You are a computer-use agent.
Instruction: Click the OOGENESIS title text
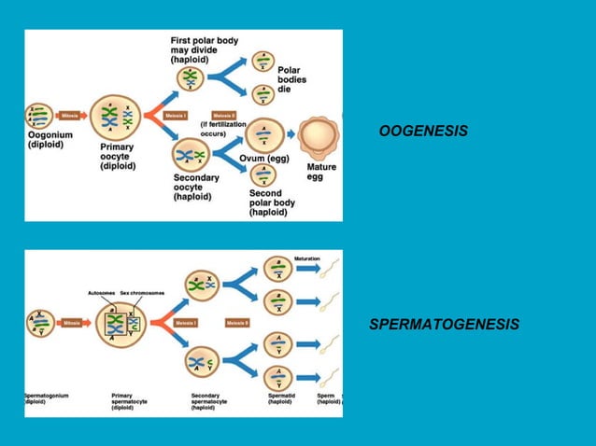(x=423, y=132)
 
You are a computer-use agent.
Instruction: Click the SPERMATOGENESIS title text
(x=444, y=325)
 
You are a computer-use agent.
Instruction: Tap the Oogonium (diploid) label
(x=47, y=140)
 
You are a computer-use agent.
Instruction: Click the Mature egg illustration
(x=320, y=138)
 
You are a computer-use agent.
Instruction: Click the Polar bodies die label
(x=291, y=80)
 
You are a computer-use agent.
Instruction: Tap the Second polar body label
(x=272, y=202)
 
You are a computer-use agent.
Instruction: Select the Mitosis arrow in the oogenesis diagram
(x=71, y=116)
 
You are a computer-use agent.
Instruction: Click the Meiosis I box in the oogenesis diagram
(x=175, y=116)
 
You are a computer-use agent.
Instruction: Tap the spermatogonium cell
(x=39, y=323)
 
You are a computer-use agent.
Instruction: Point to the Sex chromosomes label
(x=142, y=292)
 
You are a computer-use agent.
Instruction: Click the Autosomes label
(x=101, y=292)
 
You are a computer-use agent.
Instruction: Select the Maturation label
(x=307, y=258)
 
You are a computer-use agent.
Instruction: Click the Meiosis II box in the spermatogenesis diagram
(x=236, y=323)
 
